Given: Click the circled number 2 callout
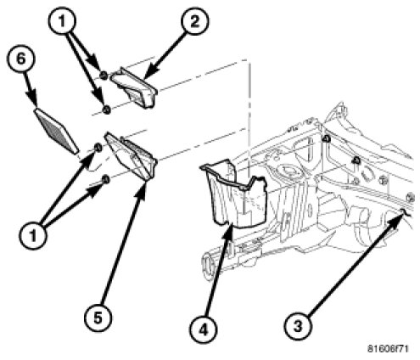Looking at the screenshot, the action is click(x=194, y=21).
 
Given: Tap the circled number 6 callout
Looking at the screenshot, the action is click(x=21, y=60).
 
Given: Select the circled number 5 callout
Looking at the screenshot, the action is click(x=98, y=318).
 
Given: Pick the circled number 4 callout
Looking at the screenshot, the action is click(x=204, y=330).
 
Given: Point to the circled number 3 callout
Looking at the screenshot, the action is click(x=298, y=326).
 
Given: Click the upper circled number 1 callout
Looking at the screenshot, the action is click(x=62, y=21).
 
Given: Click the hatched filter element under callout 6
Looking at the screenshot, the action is click(x=56, y=131).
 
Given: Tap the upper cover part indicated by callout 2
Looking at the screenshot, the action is click(x=133, y=87).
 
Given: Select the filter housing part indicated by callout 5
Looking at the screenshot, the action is click(x=131, y=155).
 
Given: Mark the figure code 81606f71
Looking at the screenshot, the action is click(x=388, y=349).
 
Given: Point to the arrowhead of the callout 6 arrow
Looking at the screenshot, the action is click(x=33, y=100).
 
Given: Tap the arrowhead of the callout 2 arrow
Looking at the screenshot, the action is click(x=148, y=74).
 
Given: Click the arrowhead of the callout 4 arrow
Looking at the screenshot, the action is click(x=228, y=230).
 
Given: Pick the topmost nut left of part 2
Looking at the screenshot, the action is click(x=104, y=76).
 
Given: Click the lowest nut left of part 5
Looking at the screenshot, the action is click(x=105, y=179).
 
